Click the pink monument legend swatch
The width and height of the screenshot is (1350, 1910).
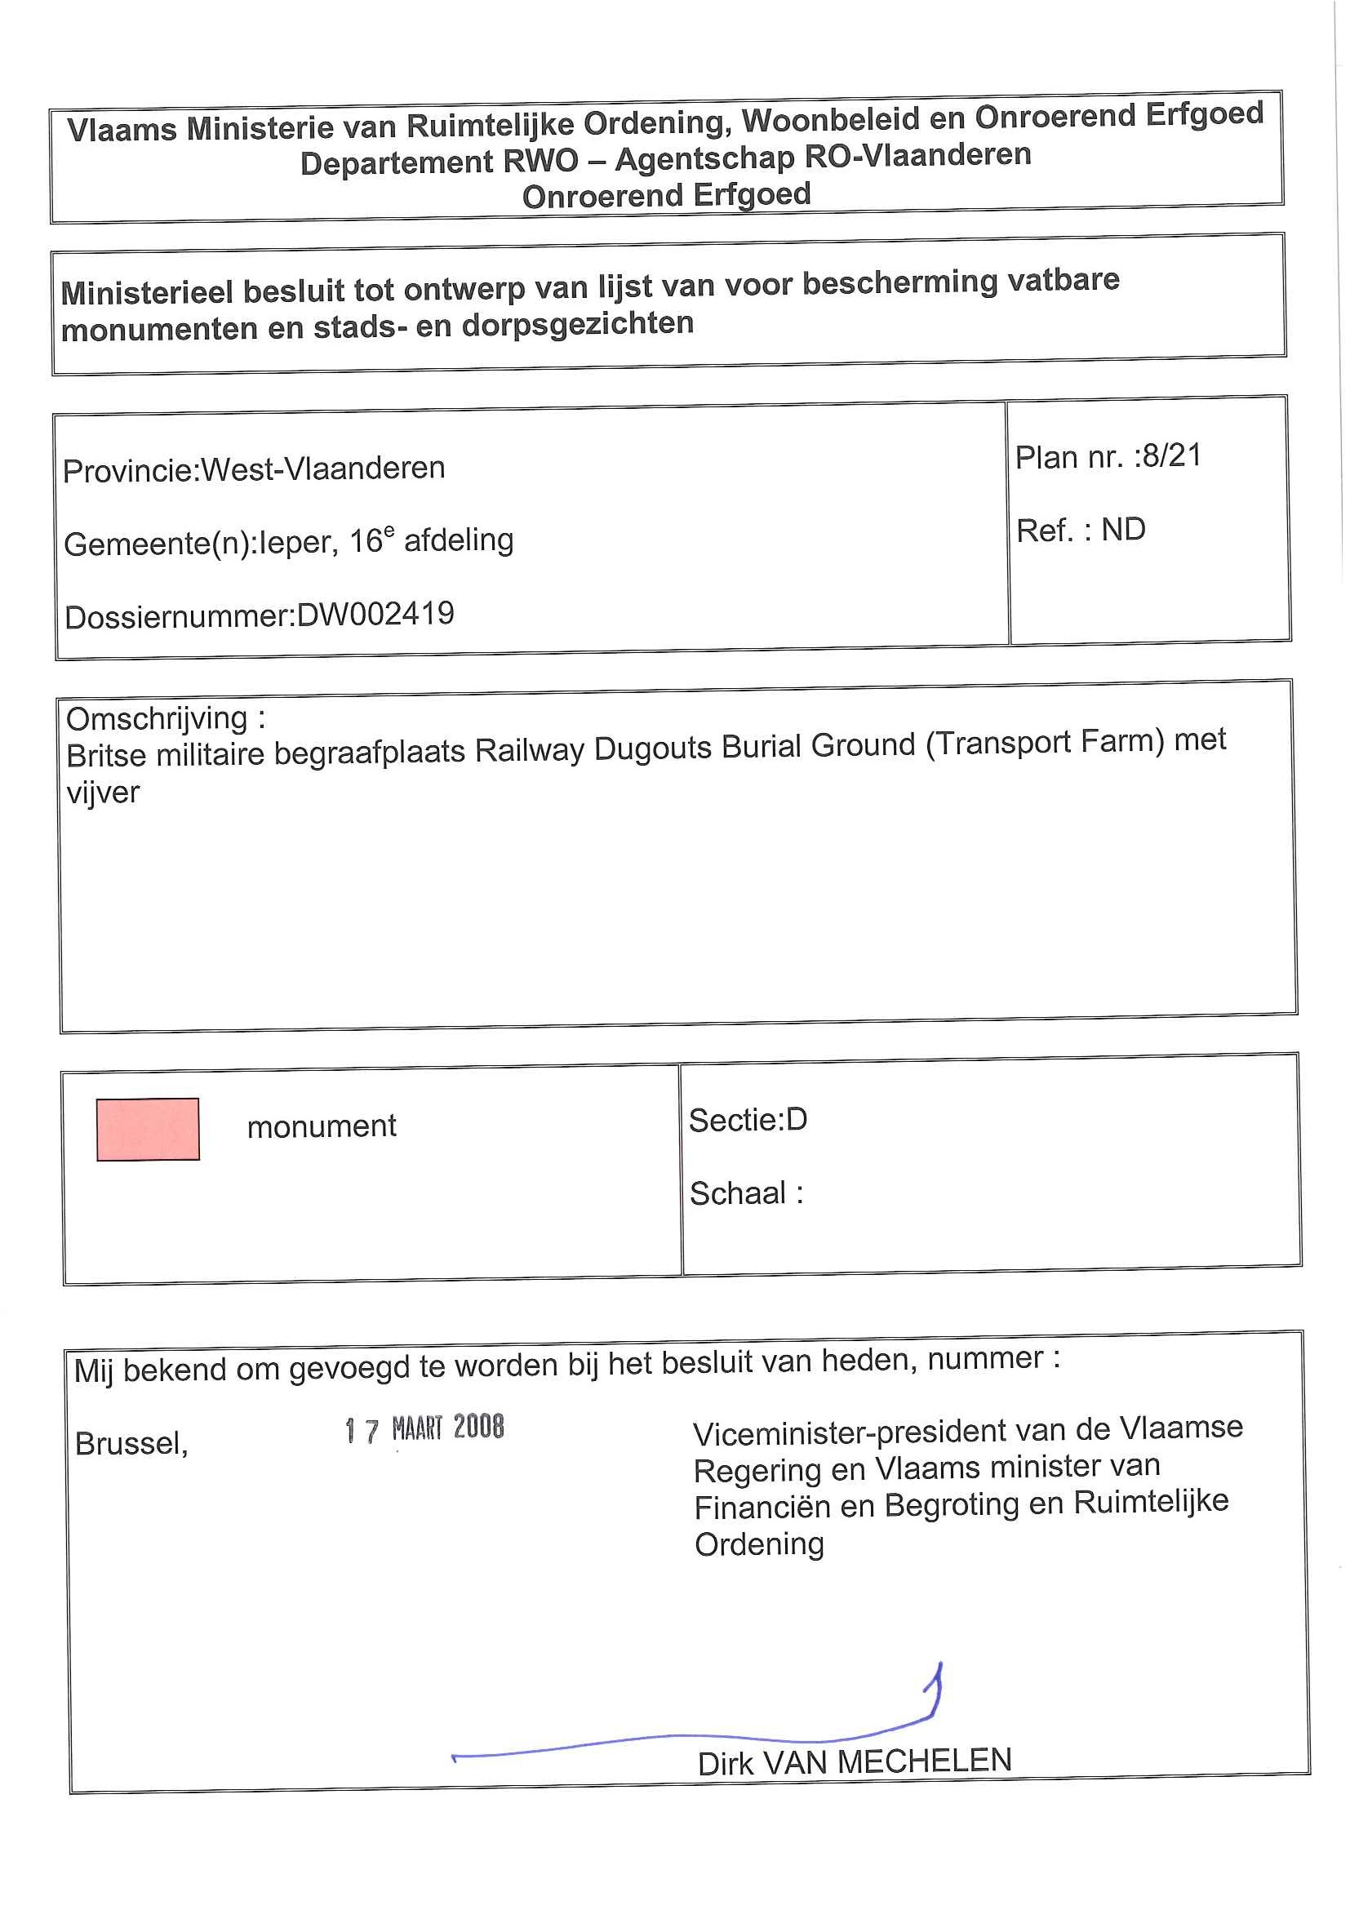[x=148, y=1129]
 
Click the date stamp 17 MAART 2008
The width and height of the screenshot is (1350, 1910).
[x=424, y=1428]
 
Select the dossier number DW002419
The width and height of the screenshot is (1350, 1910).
[x=375, y=615]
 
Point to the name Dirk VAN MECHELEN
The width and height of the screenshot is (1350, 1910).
[x=855, y=1762]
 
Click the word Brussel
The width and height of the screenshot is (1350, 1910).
[x=131, y=1443]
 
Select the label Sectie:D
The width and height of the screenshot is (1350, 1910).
[x=748, y=1120]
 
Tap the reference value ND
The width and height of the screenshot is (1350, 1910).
[x=1123, y=529]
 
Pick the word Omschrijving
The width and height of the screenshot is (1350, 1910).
[x=158, y=718]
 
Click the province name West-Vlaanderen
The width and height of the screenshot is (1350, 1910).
[x=323, y=469]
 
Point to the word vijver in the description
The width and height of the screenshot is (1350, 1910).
[x=103, y=793]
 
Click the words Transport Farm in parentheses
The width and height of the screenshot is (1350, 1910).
[x=1045, y=741]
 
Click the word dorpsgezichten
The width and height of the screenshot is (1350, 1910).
[x=577, y=322]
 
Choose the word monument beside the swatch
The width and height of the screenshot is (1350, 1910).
[x=321, y=1126]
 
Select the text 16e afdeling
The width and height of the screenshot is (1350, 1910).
[x=431, y=540]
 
